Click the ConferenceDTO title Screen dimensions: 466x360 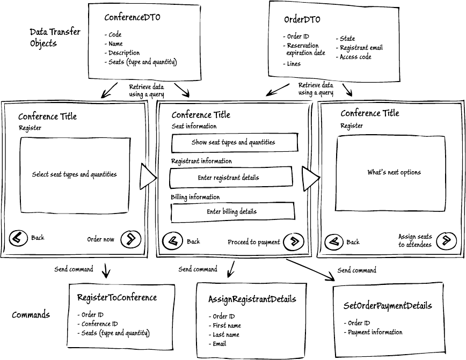click(x=132, y=17)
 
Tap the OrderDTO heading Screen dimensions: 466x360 click(x=302, y=20)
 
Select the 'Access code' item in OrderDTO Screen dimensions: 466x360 click(x=354, y=57)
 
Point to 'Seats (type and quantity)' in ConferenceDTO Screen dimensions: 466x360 click(x=141, y=62)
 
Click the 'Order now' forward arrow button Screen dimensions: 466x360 click(x=131, y=239)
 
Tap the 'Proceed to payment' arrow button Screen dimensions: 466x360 click(x=294, y=241)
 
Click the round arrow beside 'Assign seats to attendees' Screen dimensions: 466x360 click(x=446, y=240)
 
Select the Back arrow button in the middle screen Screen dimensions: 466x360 click(x=172, y=241)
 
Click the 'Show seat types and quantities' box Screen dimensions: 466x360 click(x=235, y=143)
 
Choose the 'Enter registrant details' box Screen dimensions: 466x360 click(x=231, y=178)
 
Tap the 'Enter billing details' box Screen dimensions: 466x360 click(x=232, y=212)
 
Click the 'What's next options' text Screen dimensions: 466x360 click(x=394, y=173)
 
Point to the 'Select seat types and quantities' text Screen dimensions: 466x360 click(x=74, y=174)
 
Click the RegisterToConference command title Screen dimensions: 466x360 click(x=117, y=298)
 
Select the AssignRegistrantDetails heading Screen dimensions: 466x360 click(x=252, y=299)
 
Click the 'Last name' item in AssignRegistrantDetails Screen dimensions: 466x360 click(x=224, y=335)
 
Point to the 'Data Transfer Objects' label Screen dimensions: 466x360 click(x=55, y=38)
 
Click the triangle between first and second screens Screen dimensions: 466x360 click(x=148, y=178)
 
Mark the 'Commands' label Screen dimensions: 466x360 click(x=31, y=314)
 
